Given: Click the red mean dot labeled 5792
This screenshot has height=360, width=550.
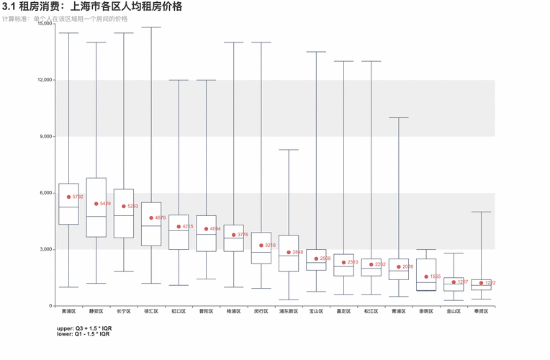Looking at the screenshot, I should (68, 197).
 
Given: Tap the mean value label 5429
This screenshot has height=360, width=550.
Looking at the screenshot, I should (105, 204).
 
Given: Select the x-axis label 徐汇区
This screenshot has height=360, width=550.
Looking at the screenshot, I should (151, 312).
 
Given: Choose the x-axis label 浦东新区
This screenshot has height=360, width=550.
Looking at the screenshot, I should (289, 312).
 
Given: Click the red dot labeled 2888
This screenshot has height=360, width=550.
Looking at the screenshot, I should (289, 252).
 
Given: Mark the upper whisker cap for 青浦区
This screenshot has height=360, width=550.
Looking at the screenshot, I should (399, 117).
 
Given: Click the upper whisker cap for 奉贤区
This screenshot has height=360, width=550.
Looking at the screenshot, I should (482, 212).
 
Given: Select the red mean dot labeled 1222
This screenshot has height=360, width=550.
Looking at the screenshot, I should (481, 283).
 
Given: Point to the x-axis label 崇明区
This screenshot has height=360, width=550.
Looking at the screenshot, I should (426, 312).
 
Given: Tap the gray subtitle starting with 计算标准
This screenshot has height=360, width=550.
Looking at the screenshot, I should (65, 19).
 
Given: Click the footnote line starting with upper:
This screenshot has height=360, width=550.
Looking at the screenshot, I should (84, 328).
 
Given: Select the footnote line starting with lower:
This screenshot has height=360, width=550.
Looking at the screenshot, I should (83, 334).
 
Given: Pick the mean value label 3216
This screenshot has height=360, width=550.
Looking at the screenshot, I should (271, 246).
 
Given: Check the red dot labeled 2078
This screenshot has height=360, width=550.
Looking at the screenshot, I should (399, 267).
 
